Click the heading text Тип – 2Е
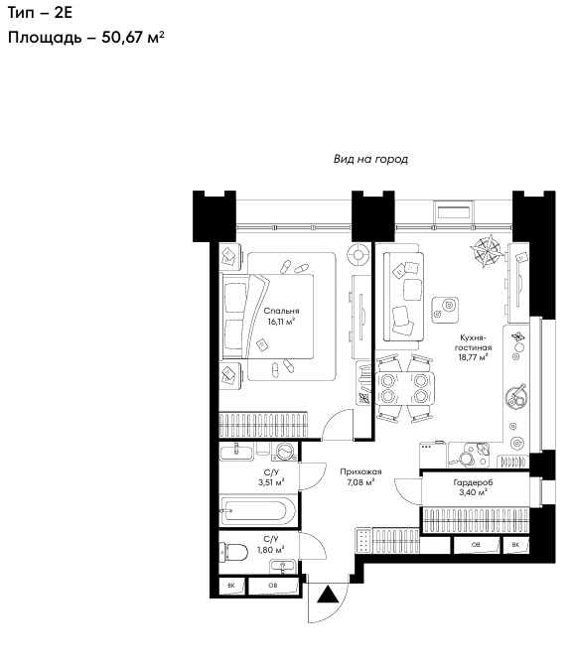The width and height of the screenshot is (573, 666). [x=40, y=13]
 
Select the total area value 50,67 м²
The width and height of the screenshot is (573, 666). [x=133, y=38]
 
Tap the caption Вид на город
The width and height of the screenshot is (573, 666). [x=370, y=159]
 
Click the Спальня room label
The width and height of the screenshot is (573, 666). [x=281, y=311]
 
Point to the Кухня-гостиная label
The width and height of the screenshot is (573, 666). [x=473, y=342]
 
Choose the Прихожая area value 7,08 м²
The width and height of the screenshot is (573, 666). [x=360, y=482]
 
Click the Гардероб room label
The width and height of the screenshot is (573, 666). [x=473, y=482]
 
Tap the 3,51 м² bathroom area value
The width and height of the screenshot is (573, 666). [x=271, y=482]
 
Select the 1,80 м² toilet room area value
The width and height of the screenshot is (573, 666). [x=271, y=550]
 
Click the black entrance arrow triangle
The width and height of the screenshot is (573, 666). [x=328, y=595]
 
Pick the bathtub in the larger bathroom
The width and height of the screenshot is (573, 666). [x=258, y=511]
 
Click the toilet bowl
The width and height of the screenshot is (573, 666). [x=233, y=553]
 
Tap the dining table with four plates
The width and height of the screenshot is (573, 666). [x=404, y=388]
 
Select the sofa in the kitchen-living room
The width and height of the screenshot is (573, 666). [x=403, y=297]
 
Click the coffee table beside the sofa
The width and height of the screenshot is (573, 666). [x=445, y=310]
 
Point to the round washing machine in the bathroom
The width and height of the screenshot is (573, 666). [x=285, y=451]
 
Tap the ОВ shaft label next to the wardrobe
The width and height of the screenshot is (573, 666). [x=476, y=545]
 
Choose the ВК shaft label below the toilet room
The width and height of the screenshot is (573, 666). [x=230, y=586]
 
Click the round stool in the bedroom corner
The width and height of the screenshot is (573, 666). [x=358, y=255]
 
